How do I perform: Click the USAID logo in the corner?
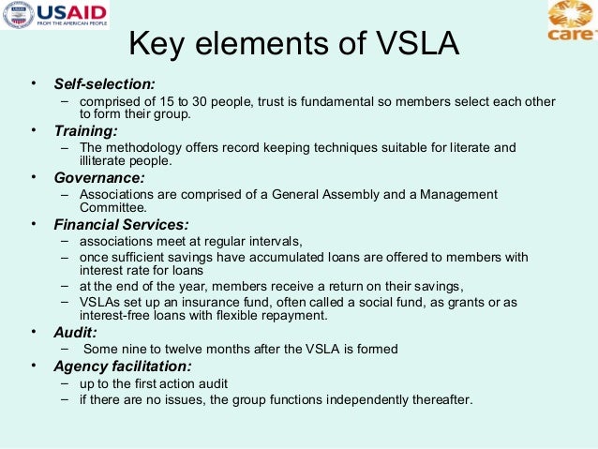[55, 15]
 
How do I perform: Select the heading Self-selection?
[104, 84]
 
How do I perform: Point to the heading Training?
[85, 130]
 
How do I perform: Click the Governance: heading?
[99, 177]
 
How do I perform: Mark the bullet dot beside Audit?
[33, 332]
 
